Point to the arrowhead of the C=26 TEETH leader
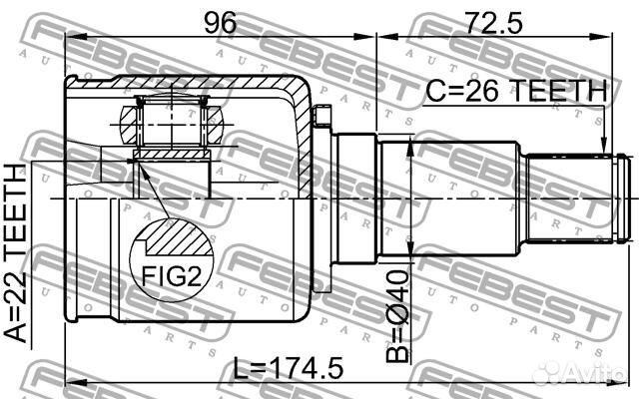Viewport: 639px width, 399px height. point(604,150)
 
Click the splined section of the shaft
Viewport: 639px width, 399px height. point(569,197)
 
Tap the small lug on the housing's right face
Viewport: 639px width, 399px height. point(320,119)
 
